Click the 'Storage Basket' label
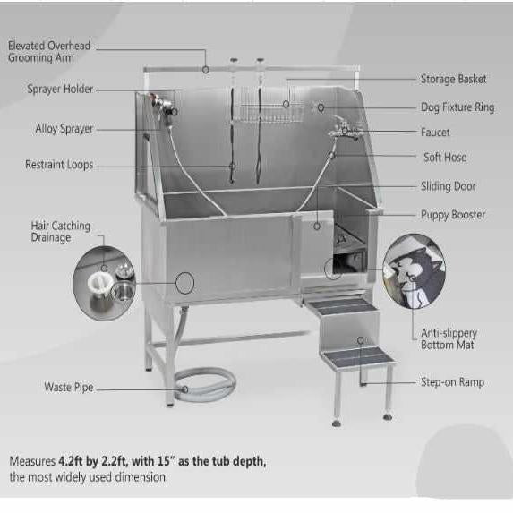click(453, 79)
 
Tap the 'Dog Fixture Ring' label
click(457, 107)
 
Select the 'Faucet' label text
click(435, 133)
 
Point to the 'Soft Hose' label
click(445, 158)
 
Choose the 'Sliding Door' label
click(449, 186)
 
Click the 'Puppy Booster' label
click(453, 215)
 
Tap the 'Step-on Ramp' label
click(452, 382)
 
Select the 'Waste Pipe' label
click(69, 387)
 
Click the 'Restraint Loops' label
click(59, 165)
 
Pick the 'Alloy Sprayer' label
click(64, 129)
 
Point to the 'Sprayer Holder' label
click(60, 89)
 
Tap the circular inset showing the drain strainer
click(104, 284)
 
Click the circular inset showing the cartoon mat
click(415, 271)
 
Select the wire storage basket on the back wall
click(269, 105)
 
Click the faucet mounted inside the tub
click(344, 129)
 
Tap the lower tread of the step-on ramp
click(358, 356)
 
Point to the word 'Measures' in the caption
click(32, 461)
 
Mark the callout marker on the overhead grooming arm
click(205, 70)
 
